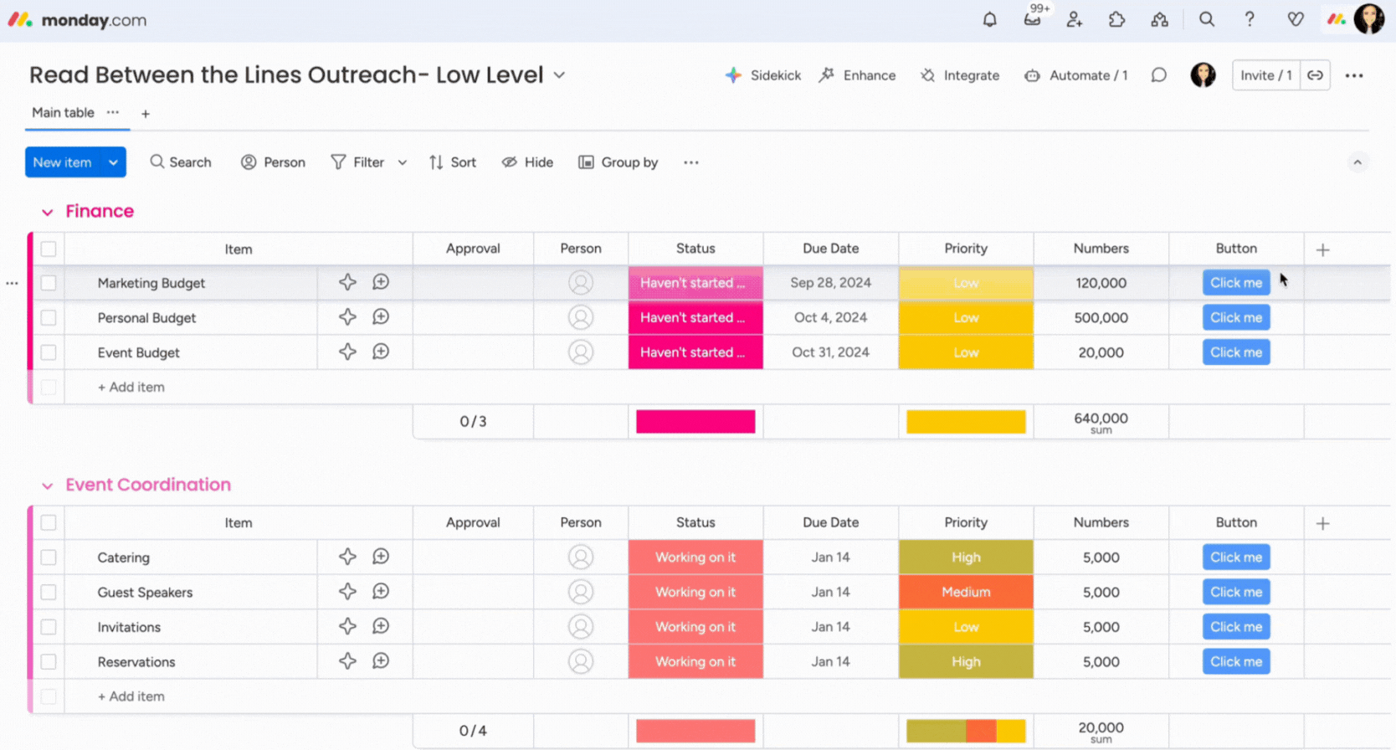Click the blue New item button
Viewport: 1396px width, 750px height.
click(x=63, y=162)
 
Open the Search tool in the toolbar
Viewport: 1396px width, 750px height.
click(x=181, y=162)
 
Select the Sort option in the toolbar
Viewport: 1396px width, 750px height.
click(x=453, y=162)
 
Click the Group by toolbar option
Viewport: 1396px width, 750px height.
click(x=618, y=162)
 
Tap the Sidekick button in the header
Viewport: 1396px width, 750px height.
click(x=763, y=75)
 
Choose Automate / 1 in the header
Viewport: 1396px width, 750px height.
click(x=1076, y=75)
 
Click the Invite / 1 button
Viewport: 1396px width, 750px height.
click(x=1265, y=75)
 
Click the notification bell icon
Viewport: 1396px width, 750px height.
click(x=989, y=19)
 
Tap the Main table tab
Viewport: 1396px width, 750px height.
click(x=63, y=113)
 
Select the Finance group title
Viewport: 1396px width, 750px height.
click(x=100, y=211)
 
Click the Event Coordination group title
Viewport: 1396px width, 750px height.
click(x=148, y=485)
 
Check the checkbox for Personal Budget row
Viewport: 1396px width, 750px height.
click(x=49, y=318)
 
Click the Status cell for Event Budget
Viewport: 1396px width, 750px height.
click(x=695, y=352)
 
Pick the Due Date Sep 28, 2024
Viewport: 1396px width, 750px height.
click(x=830, y=283)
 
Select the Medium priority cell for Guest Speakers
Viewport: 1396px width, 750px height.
click(x=966, y=592)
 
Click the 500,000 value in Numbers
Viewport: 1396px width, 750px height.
click(x=1101, y=318)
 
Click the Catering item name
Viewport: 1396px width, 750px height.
click(x=123, y=557)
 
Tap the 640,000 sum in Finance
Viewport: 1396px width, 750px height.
click(x=1101, y=419)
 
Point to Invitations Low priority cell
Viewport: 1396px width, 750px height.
click(x=966, y=627)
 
